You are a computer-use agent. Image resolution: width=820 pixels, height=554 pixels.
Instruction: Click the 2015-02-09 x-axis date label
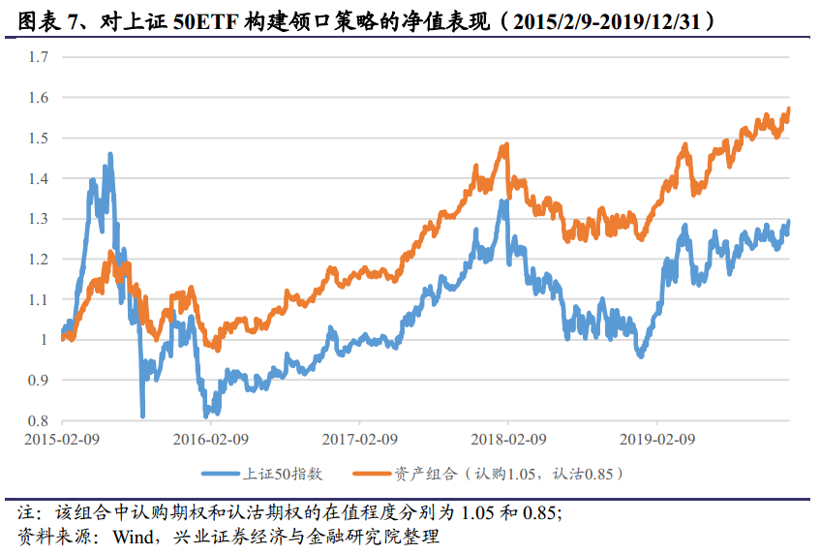point(61,439)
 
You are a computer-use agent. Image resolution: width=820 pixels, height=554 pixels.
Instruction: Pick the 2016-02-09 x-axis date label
point(210,439)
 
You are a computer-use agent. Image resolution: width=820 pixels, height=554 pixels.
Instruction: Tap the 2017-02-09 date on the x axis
point(359,439)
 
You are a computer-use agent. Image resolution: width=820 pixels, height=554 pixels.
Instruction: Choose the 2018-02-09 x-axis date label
point(508,439)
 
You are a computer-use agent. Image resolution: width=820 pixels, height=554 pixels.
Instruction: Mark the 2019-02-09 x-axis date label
point(657,439)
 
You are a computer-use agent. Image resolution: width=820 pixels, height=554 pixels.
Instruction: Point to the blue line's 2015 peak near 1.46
point(110,153)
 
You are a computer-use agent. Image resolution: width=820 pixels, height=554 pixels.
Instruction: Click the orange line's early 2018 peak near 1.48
point(505,145)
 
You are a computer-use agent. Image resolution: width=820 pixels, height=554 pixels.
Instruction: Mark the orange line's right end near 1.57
point(789,108)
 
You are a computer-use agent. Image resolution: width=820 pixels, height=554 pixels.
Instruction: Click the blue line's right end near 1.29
point(789,222)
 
